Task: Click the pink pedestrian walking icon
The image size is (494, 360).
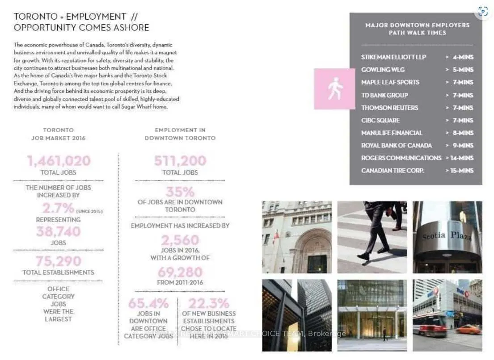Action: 335,88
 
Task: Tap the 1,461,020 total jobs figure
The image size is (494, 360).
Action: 59,161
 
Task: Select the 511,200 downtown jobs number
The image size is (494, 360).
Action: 180,161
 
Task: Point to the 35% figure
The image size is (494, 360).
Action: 180,192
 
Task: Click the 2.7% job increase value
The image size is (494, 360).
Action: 58,208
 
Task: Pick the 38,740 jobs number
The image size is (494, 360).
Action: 59,231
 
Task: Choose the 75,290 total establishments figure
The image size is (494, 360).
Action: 59,261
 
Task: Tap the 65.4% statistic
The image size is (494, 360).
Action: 148,304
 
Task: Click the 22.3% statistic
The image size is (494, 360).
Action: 208,304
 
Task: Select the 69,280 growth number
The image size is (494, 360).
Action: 180,272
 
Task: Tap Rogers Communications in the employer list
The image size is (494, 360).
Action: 401,158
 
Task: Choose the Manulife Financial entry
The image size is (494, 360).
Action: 392,133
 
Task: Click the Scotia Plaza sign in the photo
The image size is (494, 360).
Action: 447,235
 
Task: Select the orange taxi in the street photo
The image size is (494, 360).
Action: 468,330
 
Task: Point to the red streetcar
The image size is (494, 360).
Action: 429,324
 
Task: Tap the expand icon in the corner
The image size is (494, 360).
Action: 482,11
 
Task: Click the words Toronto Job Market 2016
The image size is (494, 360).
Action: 59,134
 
